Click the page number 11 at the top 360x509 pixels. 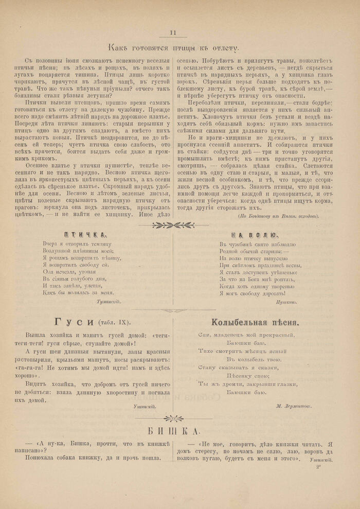[173, 32]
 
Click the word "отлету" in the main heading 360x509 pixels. [224, 49]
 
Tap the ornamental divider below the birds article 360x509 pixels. [173, 224]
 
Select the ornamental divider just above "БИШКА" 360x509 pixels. [173, 418]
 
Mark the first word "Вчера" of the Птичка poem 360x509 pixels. [49, 243]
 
